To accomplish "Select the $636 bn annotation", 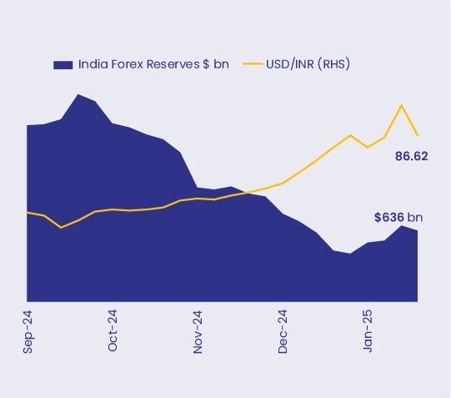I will tap(398, 218).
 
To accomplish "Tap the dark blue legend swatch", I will tap(63, 64).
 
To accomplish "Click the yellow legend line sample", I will tap(253, 64).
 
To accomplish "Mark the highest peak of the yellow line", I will tap(402, 105).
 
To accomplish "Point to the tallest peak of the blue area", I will tap(79, 94).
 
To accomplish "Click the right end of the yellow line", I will tap(417, 134).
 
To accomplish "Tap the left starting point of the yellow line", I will tap(28, 212).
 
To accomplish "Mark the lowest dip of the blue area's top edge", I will tap(350, 253).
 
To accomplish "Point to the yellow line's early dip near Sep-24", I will tap(62, 227).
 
